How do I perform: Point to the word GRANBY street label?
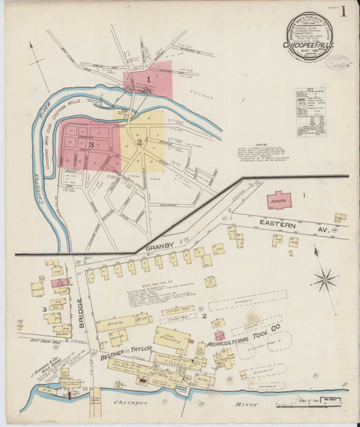pos(159,248)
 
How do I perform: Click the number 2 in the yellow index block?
pos(140,142)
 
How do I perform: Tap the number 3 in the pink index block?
pos(91,144)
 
